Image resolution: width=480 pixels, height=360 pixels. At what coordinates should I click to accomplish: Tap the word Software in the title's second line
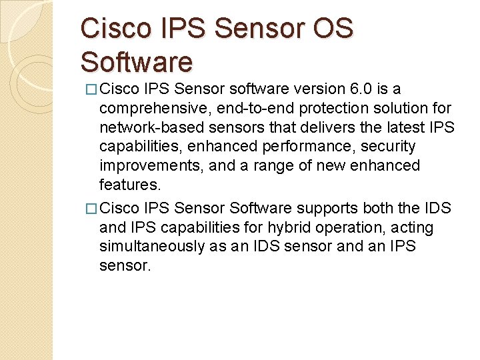[x=137, y=62]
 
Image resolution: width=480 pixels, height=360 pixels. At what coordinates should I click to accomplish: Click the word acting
[x=413, y=228]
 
